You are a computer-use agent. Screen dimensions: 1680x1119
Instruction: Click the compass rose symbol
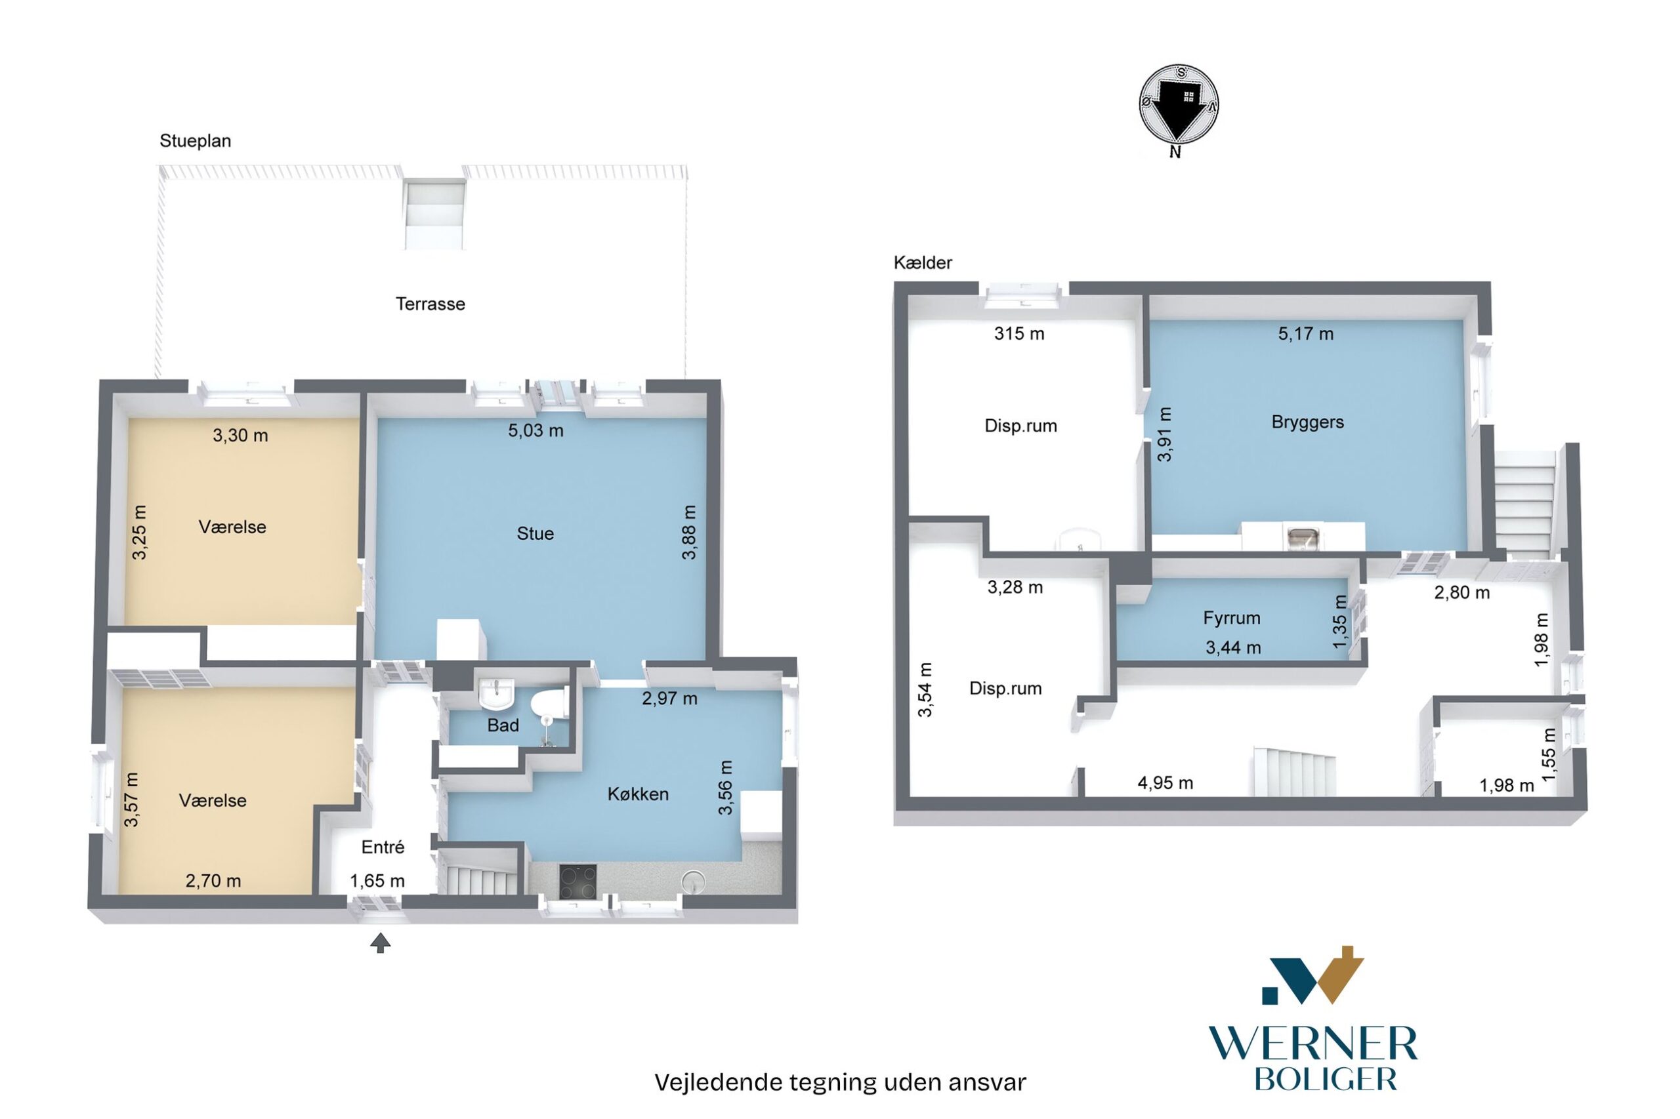(x=1178, y=104)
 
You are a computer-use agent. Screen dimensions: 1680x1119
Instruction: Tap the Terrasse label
(x=430, y=304)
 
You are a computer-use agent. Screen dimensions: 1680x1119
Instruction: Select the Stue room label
(x=535, y=533)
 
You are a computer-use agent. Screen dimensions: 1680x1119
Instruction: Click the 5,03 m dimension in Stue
(x=535, y=430)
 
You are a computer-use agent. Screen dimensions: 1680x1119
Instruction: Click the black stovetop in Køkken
(x=577, y=882)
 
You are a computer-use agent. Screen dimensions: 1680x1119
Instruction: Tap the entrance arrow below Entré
(x=381, y=943)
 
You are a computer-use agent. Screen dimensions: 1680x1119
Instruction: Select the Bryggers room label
(x=1307, y=422)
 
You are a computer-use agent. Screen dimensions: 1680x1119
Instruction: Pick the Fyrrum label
(x=1232, y=617)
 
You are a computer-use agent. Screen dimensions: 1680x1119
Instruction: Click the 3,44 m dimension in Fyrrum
(x=1233, y=647)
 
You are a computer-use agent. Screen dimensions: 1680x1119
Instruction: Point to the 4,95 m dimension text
(x=1165, y=783)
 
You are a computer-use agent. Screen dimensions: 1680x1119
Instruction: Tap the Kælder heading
(x=923, y=262)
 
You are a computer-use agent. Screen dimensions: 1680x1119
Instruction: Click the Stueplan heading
(x=195, y=140)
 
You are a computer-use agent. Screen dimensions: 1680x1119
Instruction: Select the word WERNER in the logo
(x=1312, y=1044)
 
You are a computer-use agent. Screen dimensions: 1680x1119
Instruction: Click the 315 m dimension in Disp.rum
(x=1019, y=333)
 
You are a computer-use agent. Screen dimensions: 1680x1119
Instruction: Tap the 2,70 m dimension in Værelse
(x=213, y=881)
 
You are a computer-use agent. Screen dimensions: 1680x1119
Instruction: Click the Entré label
(x=383, y=847)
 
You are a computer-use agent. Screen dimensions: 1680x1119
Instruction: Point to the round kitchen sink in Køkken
(x=692, y=882)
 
